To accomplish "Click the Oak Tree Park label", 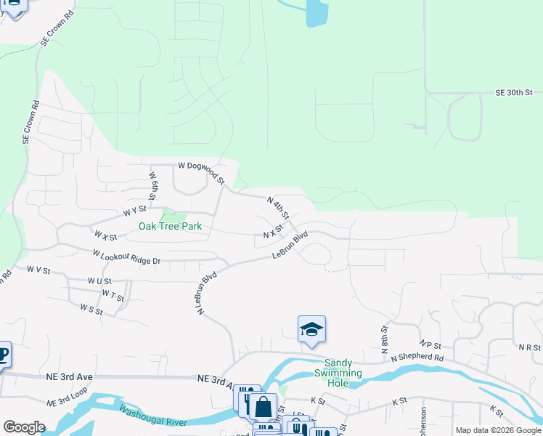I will pyautogui.click(x=170, y=227).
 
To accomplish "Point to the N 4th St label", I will pyautogui.click(x=278, y=208).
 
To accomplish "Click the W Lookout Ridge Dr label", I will pyautogui.click(x=126, y=257).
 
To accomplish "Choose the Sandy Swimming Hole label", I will pyautogui.click(x=337, y=373).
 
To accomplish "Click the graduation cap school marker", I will pyautogui.click(x=311, y=329).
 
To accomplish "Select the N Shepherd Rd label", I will pyautogui.click(x=417, y=358).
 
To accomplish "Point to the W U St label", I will pyautogui.click(x=99, y=281).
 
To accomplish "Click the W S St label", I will pyautogui.click(x=91, y=310).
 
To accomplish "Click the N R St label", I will pyautogui.click(x=530, y=348).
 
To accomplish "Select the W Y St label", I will pyautogui.click(x=131, y=212).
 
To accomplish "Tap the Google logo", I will pyautogui.click(x=24, y=427).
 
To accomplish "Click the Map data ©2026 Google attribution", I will pyautogui.click(x=498, y=430).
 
